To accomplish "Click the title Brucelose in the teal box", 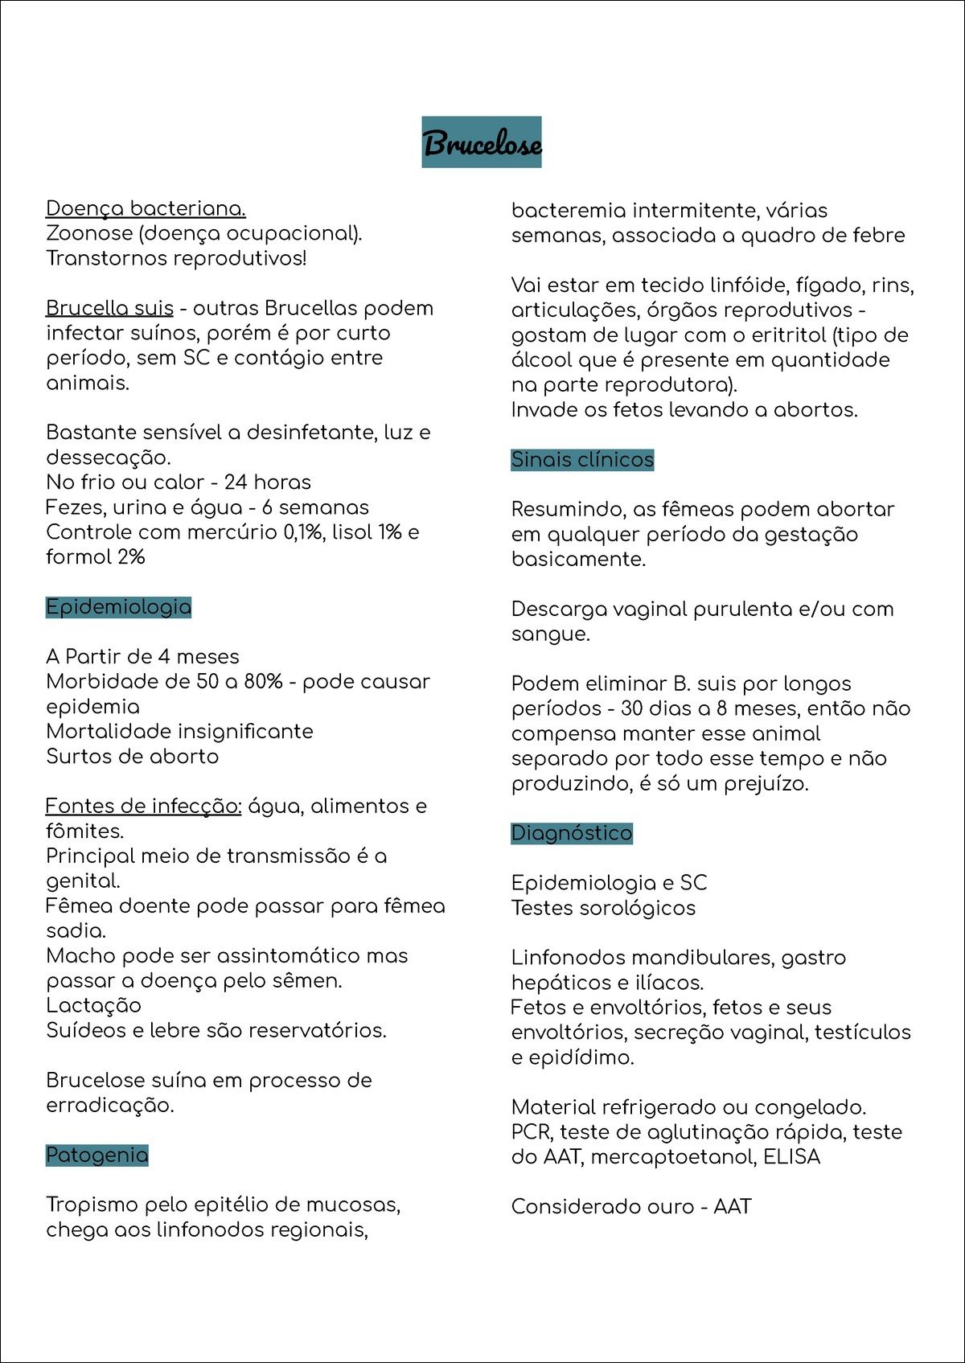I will point(481,143).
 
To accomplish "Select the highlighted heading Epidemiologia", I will point(118,607).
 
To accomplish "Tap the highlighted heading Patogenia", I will point(96,1156).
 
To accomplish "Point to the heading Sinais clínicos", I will point(582,460).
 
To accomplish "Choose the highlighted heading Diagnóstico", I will point(572,833).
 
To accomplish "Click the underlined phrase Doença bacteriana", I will point(146,209).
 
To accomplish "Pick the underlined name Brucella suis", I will point(109,309).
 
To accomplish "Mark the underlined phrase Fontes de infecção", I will point(143,807).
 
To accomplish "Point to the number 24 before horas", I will point(236,482).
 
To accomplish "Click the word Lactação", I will point(93,1006).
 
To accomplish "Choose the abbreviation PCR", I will point(531,1132).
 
